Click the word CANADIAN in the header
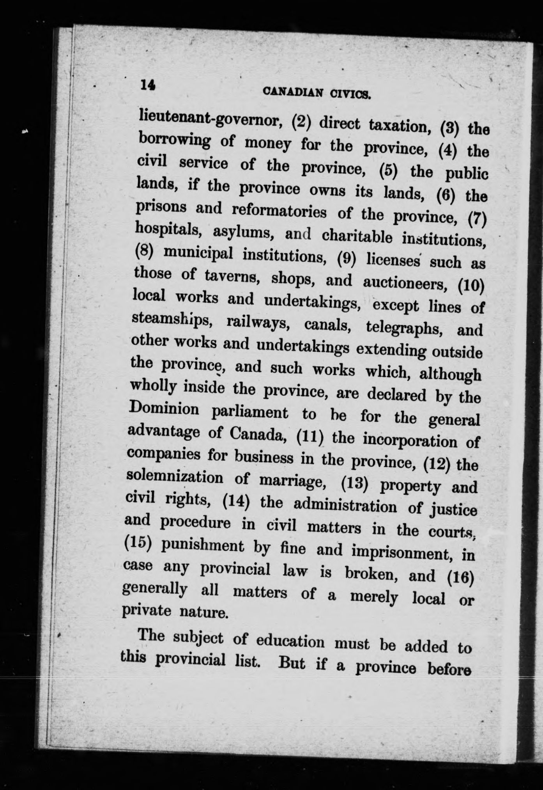point(293,92)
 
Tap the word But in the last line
point(292,663)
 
